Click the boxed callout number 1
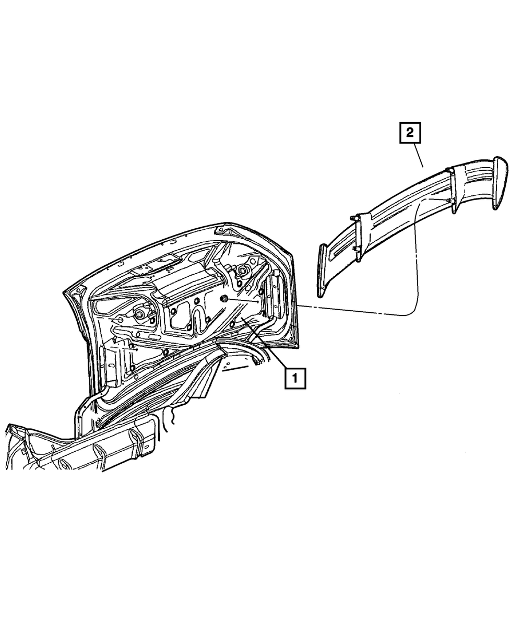[x=294, y=378]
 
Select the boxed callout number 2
[x=410, y=133]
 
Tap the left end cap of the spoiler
[x=323, y=266]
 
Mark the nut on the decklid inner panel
[x=224, y=298]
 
